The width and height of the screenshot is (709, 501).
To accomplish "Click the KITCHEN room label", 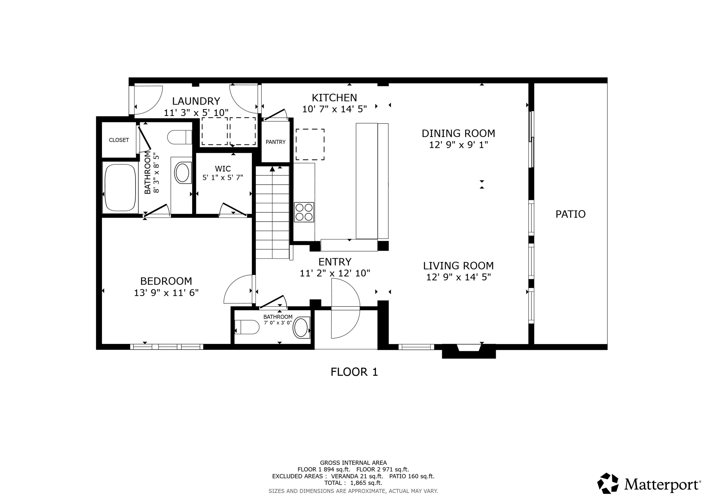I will click(334, 98).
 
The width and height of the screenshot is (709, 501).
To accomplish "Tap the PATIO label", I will click(570, 214).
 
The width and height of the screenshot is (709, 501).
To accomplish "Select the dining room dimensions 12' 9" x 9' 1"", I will click(458, 145).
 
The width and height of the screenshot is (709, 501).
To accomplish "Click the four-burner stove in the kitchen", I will click(304, 212).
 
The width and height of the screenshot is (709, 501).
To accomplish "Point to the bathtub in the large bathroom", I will click(120, 187).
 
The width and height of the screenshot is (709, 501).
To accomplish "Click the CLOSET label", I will click(119, 140).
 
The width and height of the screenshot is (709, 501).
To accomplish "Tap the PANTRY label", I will click(276, 142).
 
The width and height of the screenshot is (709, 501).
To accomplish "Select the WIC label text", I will click(223, 169).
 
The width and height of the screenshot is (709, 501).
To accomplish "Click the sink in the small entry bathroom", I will click(301, 328).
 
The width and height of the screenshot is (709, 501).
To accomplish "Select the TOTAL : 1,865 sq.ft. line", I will click(353, 483).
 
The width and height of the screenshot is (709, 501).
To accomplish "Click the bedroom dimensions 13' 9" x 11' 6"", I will click(166, 293).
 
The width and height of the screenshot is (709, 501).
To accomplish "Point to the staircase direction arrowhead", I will click(272, 169).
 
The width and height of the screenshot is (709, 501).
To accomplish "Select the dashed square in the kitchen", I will click(310, 145).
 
